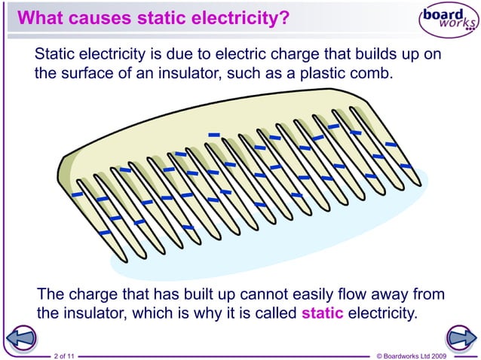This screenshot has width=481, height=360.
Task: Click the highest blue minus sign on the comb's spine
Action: point(214,135)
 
